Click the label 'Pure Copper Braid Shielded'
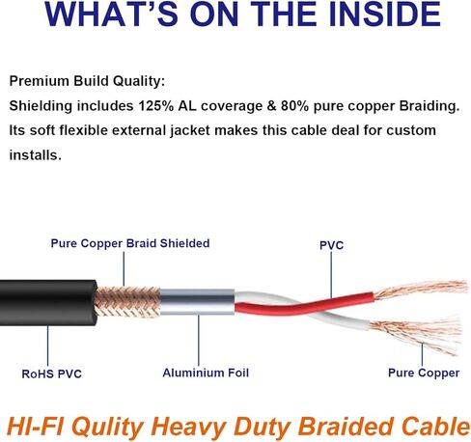pos(130,243)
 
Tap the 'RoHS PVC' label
pos(51,373)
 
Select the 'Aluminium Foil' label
pos(206,373)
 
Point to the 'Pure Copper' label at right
pos(424,373)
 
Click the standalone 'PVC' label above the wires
pos(331,245)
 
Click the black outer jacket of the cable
pos(48,302)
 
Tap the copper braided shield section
pos(128,302)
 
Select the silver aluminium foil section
pos(197,302)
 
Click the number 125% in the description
pos(155,106)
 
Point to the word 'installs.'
pos(35,155)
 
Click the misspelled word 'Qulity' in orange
pos(108,428)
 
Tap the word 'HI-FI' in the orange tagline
pos(35,426)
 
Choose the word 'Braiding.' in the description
pos(429,106)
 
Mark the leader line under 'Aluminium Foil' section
pos(199,341)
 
